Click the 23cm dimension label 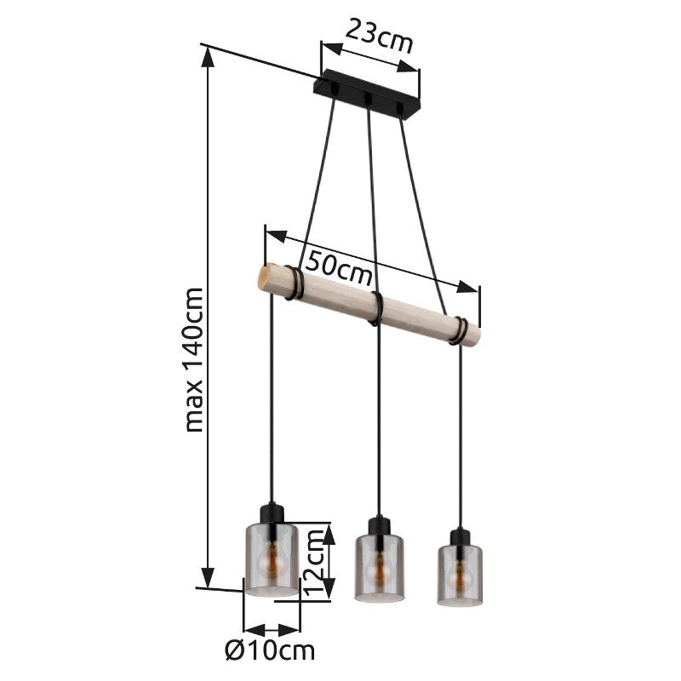pyautogui.click(x=379, y=36)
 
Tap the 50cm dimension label pyautogui.click(x=339, y=268)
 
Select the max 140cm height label pyautogui.click(x=194, y=359)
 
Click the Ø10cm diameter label pyautogui.click(x=270, y=650)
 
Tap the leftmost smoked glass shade pyautogui.click(x=272, y=559)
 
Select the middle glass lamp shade pyautogui.click(x=380, y=568)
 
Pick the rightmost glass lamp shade pyautogui.click(x=460, y=575)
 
